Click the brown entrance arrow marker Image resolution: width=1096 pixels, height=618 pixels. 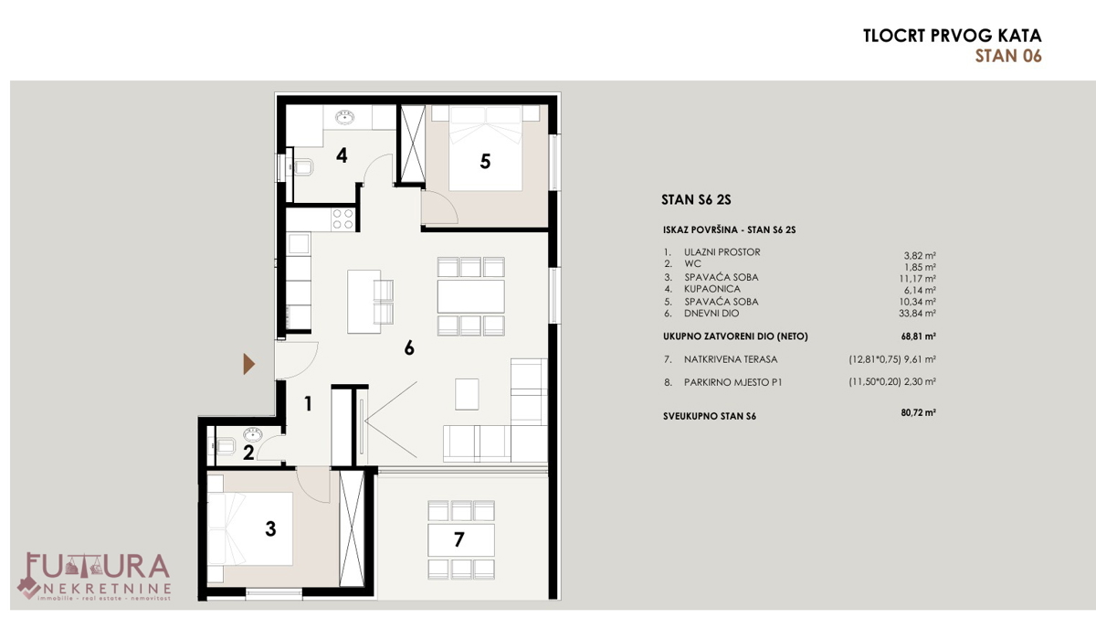click(x=248, y=365)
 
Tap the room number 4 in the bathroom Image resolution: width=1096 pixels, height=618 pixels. click(x=342, y=155)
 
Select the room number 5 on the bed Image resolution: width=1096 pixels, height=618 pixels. click(x=485, y=161)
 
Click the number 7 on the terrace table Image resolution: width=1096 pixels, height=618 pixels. click(x=459, y=539)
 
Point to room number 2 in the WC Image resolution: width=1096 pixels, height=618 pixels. click(x=248, y=450)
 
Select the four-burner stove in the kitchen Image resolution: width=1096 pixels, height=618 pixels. click(x=342, y=218)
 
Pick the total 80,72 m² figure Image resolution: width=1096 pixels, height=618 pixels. click(x=918, y=413)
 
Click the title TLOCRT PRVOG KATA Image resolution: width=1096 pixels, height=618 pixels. click(x=952, y=37)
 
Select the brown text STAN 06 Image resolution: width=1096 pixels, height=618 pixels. click(x=1008, y=56)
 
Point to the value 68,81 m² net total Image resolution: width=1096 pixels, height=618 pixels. click(x=918, y=336)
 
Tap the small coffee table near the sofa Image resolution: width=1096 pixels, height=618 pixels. click(x=467, y=393)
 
